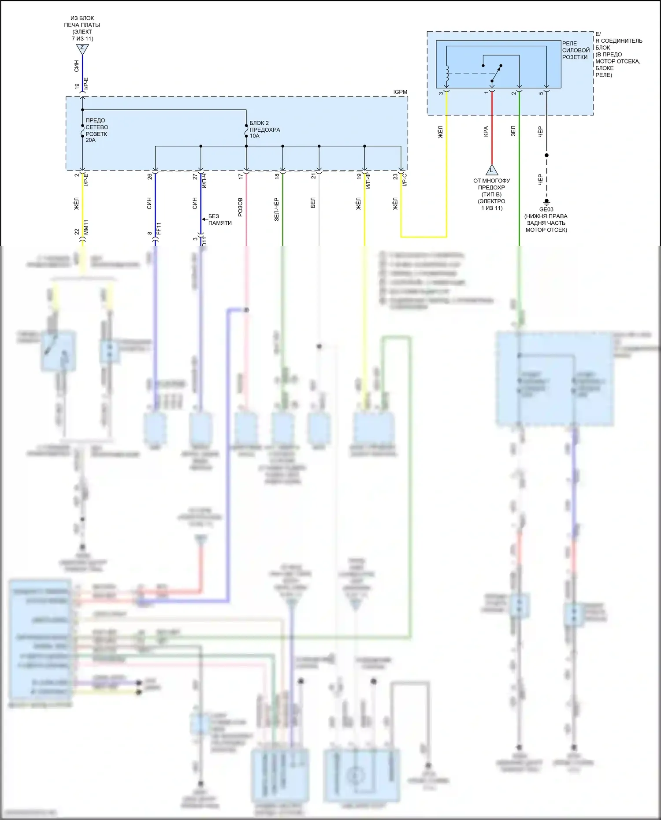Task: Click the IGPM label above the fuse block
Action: (400, 92)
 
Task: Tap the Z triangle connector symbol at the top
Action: (82, 48)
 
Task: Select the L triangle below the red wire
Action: (492, 170)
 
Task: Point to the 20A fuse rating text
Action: (90, 140)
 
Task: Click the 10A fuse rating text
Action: (255, 136)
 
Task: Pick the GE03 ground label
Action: (546, 209)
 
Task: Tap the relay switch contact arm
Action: (497, 73)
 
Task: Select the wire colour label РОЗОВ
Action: (240, 207)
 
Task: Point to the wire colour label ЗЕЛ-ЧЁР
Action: (276, 209)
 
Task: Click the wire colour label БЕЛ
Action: (313, 203)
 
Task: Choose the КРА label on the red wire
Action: (486, 131)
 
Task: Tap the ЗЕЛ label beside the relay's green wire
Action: (513, 131)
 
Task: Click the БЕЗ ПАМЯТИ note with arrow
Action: (219, 219)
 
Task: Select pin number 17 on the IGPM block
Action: (241, 176)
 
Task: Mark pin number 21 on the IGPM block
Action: (313, 176)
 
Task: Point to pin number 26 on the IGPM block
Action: (149, 176)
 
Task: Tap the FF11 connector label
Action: (159, 228)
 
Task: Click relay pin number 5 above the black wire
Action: (541, 93)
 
